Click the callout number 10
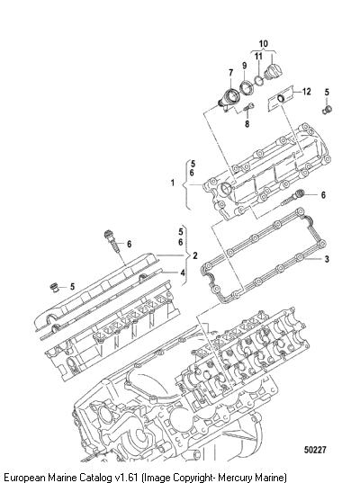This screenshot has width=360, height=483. click(263, 44)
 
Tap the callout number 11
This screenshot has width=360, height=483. click(258, 56)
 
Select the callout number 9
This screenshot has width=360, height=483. click(245, 66)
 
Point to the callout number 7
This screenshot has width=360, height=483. click(231, 73)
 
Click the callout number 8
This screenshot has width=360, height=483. click(247, 124)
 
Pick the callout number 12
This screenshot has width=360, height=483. click(307, 92)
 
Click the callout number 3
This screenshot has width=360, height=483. click(327, 259)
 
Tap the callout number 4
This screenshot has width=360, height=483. click(183, 273)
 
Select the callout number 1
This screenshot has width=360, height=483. click(173, 183)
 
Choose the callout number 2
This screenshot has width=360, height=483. click(195, 255)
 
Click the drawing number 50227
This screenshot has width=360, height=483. click(315, 450)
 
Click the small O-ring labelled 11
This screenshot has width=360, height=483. click(258, 80)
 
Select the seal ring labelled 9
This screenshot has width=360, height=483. click(247, 87)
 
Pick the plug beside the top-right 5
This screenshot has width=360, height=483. click(327, 110)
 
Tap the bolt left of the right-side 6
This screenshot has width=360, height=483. click(292, 199)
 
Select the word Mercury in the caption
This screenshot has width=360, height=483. click(235, 477)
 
